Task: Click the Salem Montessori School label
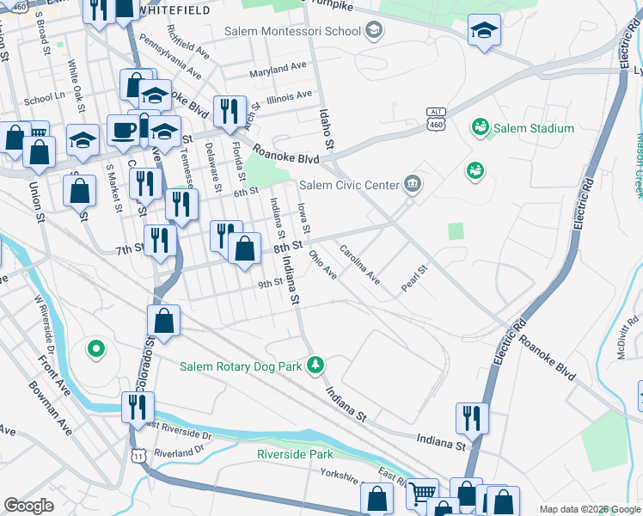point(292,32)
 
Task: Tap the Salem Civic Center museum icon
point(413,184)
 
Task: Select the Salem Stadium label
point(533,129)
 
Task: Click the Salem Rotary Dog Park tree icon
point(316,365)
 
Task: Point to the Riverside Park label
point(295,454)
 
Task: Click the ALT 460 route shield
point(437,120)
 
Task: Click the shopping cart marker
point(422,492)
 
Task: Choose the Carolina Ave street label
point(360,264)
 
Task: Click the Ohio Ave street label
point(323,264)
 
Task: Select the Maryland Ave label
point(278,66)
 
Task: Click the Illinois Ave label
point(289,96)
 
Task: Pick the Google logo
point(28,506)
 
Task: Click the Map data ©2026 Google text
point(589,509)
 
